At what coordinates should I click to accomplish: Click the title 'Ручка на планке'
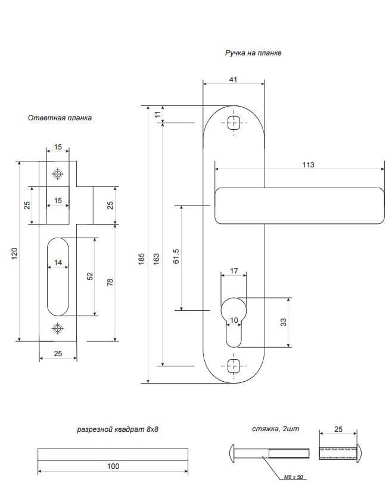pos(253,53)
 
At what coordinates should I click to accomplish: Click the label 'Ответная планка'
pos(60,118)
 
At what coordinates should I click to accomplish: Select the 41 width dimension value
pos(234,79)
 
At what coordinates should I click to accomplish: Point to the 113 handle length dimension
pos(307,164)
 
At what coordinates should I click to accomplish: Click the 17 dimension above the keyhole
pos(234,271)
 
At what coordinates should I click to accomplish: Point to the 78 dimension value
pos(110,282)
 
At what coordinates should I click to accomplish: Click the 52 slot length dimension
pos(90,276)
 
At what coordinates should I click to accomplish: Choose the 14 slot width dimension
pos(58,263)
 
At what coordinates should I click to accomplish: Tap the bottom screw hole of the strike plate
pos(58,328)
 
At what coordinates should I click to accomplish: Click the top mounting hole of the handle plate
pos(234,124)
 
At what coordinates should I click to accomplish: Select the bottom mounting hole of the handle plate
pos(234,366)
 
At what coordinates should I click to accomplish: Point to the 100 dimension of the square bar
pos(113,466)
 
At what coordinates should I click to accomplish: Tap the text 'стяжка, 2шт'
pos(274,429)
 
